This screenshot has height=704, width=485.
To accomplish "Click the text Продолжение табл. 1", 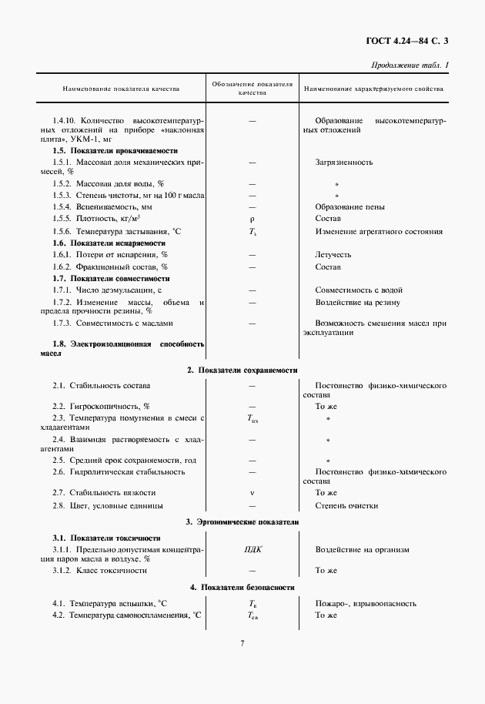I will point(410,65).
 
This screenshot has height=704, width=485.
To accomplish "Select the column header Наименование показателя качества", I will point(121,89).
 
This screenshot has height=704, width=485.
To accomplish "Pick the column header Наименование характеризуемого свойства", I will point(374,89).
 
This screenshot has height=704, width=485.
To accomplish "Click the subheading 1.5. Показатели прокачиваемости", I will point(115,151).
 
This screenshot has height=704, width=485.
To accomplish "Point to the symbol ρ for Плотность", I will point(252,219).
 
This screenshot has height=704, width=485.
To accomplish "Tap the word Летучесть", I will point(333,254).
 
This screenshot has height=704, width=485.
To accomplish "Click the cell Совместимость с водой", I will point(359,290).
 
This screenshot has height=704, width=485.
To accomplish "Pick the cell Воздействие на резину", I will point(358,302).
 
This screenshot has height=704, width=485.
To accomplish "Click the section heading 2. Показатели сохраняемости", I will point(242,370).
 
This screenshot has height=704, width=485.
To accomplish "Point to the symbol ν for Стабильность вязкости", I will point(252,492).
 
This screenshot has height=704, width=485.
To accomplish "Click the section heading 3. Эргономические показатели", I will point(242,522).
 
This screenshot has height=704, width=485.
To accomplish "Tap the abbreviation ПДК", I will point(252,550).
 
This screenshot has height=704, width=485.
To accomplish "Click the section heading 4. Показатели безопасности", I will point(242,587).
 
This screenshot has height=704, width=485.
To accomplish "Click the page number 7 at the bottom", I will point(242,643).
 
